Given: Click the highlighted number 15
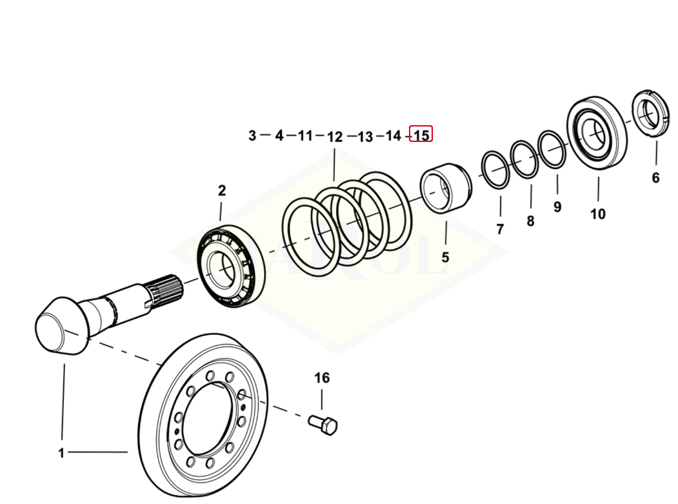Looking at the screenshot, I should (x=421, y=136).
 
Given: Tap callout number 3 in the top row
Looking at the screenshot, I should (x=252, y=136).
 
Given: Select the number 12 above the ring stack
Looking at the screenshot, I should (x=335, y=137).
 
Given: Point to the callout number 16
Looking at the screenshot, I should (x=321, y=378).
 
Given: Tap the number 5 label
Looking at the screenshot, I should (x=445, y=257).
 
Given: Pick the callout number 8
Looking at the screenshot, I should (x=530, y=221).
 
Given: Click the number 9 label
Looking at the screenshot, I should (x=557, y=207).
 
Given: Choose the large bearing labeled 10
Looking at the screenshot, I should (x=597, y=134).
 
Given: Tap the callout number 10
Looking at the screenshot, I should (x=598, y=214).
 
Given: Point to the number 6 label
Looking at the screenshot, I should (x=655, y=177).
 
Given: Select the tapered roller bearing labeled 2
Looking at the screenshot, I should (x=231, y=266).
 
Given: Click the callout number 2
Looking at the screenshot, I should (x=222, y=190).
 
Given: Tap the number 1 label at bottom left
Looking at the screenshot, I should (x=61, y=453).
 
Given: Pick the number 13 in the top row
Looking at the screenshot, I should (x=365, y=137).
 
